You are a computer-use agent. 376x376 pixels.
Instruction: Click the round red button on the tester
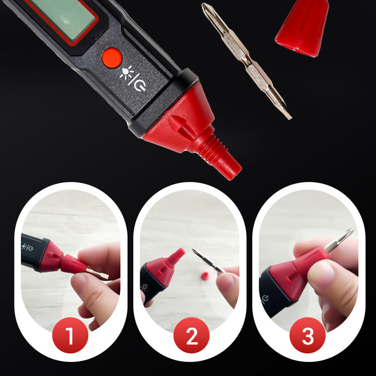tap(112, 58)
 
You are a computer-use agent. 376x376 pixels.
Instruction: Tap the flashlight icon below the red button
tap(126, 72)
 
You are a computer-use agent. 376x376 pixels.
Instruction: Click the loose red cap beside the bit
tap(303, 28)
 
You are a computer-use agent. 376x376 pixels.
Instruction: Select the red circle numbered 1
tap(70, 335)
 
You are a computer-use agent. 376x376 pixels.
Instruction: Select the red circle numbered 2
tap(191, 335)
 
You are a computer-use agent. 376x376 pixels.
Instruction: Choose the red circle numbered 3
tap(308, 335)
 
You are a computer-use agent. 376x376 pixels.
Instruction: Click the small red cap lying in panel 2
tap(205, 276)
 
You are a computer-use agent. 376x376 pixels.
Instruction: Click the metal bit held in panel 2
tap(208, 261)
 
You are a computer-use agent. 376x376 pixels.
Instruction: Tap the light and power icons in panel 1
tap(27, 247)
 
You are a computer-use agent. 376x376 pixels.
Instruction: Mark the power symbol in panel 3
tap(265, 298)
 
